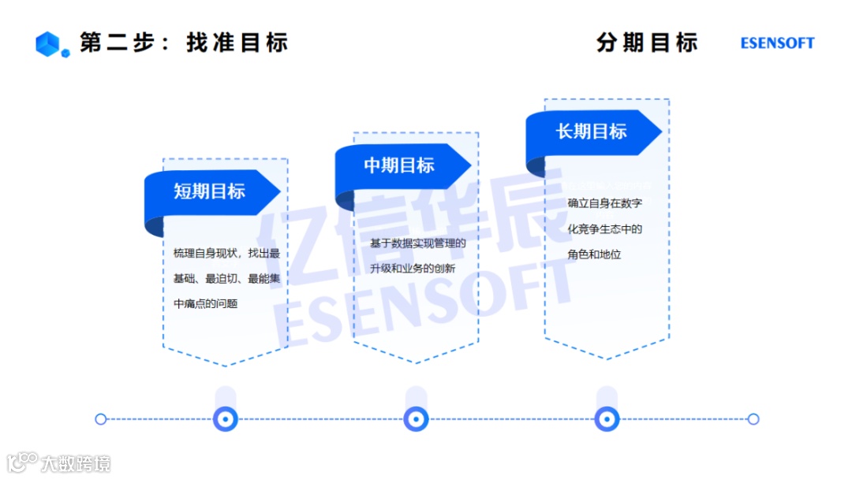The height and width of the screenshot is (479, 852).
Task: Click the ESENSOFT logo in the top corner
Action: point(777,43)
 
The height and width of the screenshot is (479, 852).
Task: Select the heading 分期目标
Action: point(647,43)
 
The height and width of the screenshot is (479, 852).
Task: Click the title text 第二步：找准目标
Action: point(184,43)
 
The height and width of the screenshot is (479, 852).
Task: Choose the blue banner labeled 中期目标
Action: point(401,165)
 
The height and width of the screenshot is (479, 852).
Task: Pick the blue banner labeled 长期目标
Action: point(592,132)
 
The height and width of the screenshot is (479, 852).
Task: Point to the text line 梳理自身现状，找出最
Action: point(226,253)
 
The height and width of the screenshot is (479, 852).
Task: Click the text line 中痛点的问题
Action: point(205,303)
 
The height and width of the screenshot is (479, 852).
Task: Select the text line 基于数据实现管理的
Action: point(418,243)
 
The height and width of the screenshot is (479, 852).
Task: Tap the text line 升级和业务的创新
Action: point(413,269)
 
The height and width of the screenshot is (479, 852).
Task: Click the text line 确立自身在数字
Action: point(604,203)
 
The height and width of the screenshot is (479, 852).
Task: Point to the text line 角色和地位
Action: point(594,254)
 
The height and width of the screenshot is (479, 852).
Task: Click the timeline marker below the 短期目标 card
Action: point(226,419)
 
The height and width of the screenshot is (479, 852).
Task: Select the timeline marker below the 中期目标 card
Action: point(416,419)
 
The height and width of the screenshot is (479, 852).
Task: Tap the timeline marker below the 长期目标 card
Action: point(607,419)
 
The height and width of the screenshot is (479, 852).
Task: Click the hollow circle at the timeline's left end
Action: point(100,419)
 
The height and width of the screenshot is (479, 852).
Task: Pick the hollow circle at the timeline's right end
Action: point(753,419)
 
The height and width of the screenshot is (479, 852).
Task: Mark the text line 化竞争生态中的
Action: point(604,229)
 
